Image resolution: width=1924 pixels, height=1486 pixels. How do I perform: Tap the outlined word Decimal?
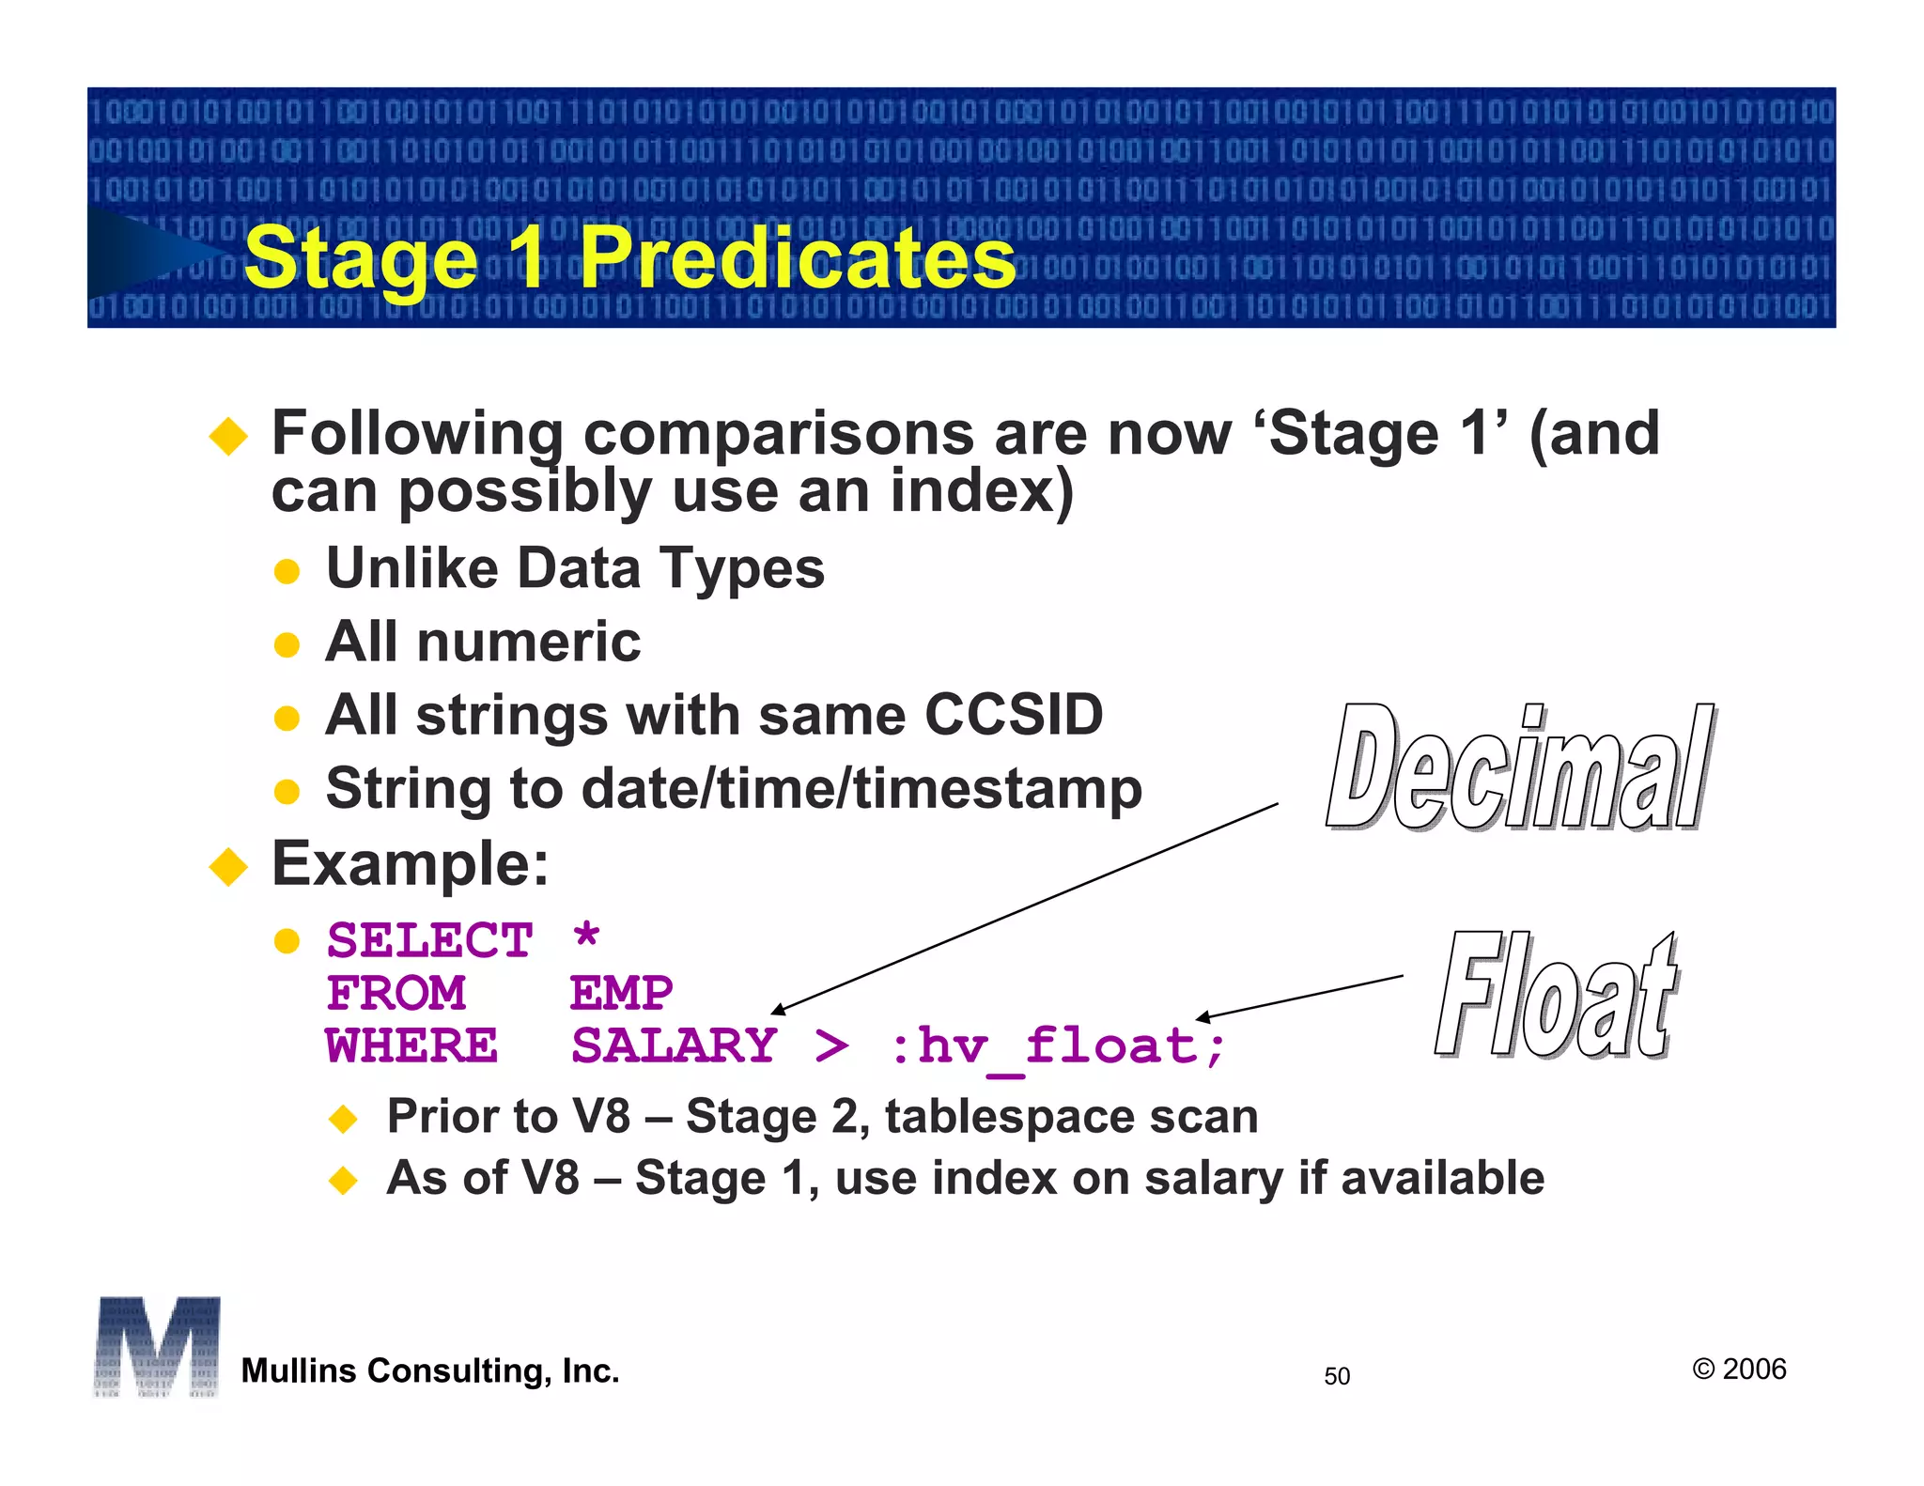[1519, 768]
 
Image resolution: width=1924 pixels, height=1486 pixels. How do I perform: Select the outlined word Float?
[1556, 996]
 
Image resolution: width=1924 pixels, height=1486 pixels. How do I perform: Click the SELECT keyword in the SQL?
[430, 940]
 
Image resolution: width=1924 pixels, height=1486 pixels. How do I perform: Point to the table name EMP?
[621, 993]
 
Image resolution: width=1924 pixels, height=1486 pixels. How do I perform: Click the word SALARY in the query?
[674, 1045]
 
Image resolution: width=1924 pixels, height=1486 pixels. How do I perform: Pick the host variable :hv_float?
[1057, 1046]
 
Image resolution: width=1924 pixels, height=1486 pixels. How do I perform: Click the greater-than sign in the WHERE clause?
[830, 1045]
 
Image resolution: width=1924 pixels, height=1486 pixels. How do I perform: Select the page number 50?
[1336, 1376]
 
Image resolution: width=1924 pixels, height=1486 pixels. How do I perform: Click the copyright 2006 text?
[1739, 1369]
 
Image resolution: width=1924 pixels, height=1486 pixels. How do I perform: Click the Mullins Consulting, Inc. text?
[430, 1370]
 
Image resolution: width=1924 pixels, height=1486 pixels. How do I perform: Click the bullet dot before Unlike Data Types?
[287, 571]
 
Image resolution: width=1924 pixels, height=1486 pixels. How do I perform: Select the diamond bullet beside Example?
[228, 866]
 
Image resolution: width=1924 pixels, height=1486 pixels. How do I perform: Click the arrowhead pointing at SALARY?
[777, 1010]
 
